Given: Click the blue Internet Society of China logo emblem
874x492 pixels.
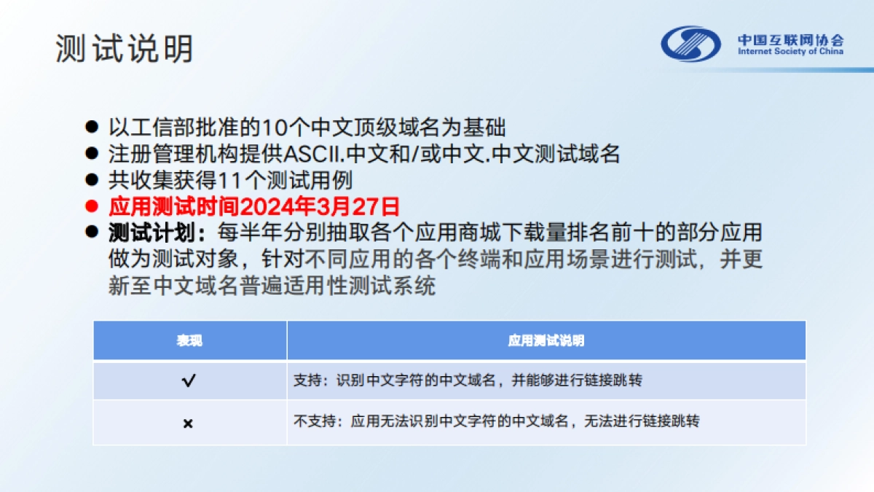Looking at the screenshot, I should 690,44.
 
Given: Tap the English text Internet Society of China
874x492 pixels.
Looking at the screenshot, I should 790,52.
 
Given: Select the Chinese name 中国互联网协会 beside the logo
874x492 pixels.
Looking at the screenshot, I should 790,39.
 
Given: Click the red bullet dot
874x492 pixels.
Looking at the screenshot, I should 92,206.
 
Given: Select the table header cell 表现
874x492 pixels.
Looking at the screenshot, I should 189,341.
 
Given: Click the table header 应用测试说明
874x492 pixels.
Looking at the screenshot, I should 546,341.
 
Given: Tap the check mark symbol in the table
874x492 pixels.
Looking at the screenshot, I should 189,380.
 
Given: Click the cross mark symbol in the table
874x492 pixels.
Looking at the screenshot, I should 188,423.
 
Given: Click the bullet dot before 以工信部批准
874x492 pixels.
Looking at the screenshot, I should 92,127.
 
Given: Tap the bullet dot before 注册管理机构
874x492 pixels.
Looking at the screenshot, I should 92,154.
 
